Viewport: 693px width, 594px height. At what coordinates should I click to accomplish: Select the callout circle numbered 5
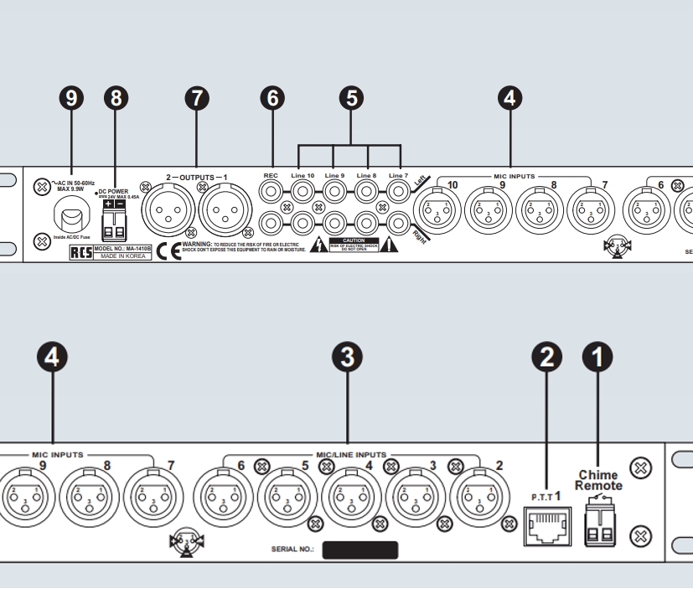pyautogui.click(x=352, y=98)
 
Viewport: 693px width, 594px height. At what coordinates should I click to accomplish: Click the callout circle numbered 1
pyautogui.click(x=597, y=357)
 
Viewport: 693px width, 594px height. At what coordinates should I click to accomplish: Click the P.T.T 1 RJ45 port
pyautogui.click(x=546, y=525)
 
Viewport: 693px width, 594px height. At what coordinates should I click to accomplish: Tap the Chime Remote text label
pyautogui.click(x=598, y=480)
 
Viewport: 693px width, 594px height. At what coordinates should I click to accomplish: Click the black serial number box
pyautogui.click(x=360, y=550)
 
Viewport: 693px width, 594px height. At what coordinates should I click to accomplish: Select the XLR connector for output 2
pyautogui.click(x=168, y=209)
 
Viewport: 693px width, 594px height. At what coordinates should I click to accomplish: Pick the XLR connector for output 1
pyautogui.click(x=225, y=209)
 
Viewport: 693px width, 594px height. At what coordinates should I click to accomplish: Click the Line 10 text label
pyautogui.click(x=301, y=176)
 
